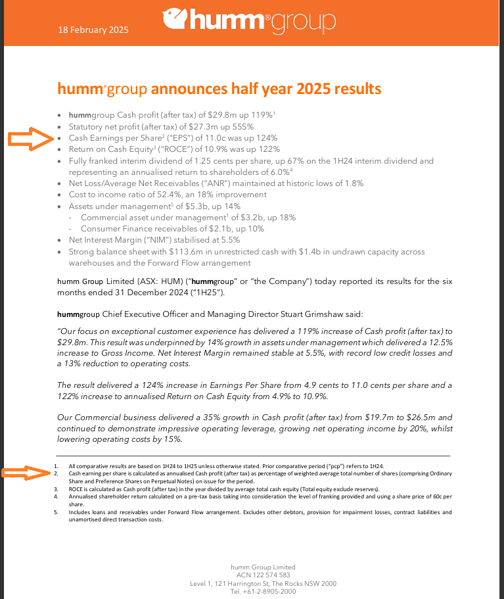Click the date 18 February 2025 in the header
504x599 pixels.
[93, 30]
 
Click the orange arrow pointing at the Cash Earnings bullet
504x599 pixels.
[30, 139]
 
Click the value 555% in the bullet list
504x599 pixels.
[241, 126]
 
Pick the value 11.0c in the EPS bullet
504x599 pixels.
[215, 138]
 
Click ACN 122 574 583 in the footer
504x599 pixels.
[263, 575]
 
